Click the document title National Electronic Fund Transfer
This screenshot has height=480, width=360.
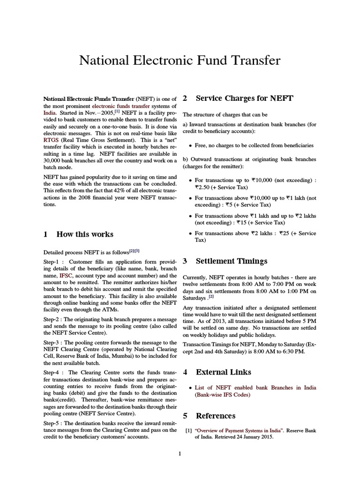tap(180, 61)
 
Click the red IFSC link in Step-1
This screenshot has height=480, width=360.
tap(66, 277)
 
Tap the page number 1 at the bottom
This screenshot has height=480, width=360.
tap(180, 453)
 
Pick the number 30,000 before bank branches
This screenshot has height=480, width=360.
tap(54, 161)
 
